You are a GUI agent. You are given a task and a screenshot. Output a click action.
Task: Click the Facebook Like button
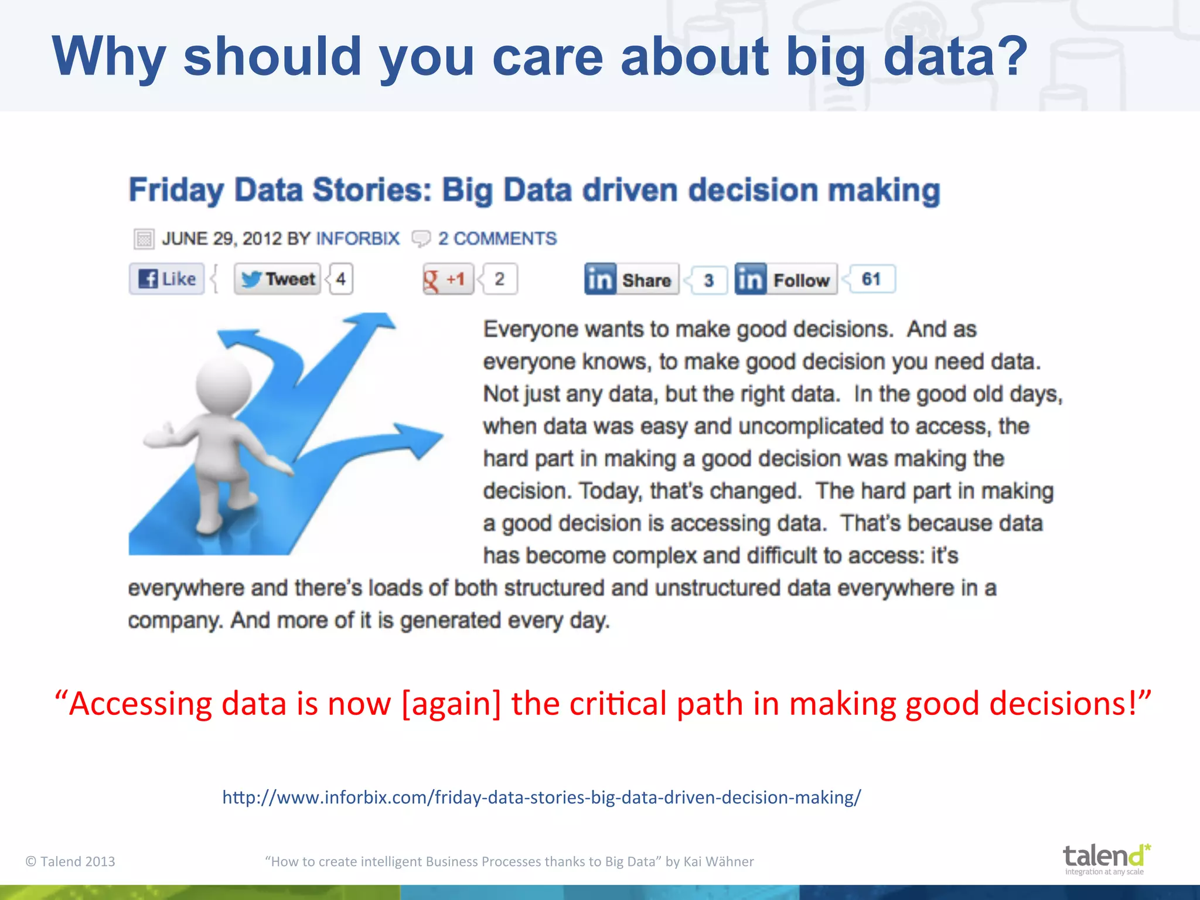(167, 279)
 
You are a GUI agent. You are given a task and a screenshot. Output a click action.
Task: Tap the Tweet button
(278, 279)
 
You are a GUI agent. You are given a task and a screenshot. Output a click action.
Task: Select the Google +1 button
(448, 279)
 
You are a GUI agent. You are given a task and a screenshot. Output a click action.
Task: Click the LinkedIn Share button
(632, 279)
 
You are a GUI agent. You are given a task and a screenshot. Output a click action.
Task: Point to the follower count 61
(871, 279)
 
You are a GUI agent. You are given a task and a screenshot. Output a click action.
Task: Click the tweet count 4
(341, 279)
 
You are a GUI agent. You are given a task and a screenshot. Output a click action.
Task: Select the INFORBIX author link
(357, 238)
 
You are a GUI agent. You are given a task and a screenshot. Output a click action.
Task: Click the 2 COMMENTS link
(497, 238)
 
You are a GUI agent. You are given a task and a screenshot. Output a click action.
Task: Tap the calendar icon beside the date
(144, 239)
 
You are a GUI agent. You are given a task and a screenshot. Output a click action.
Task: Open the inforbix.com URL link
(541, 797)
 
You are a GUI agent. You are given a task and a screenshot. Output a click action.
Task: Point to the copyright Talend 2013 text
(70, 861)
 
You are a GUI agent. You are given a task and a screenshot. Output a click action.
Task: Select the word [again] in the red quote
(451, 703)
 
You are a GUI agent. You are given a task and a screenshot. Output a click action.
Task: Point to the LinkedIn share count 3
(709, 280)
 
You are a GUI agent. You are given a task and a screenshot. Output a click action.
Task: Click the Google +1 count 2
(499, 279)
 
